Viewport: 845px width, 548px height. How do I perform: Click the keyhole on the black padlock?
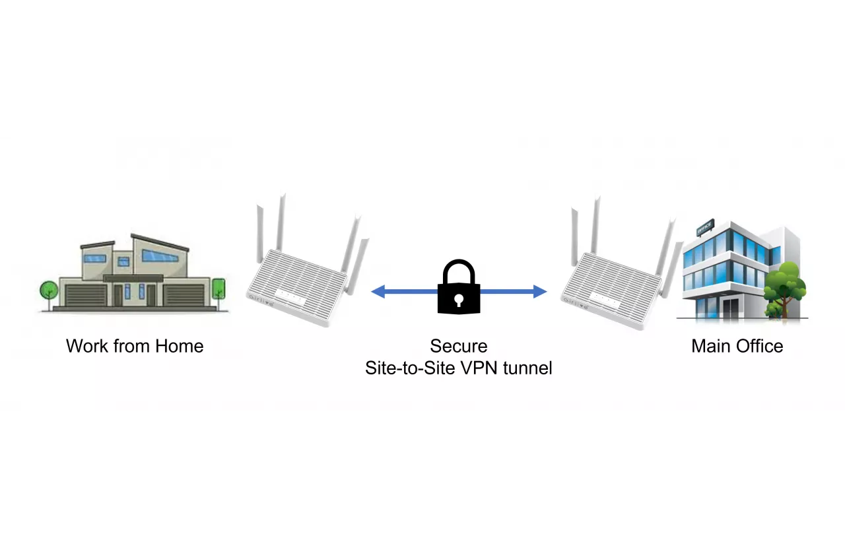(458, 299)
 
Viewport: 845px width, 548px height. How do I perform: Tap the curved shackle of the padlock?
(458, 270)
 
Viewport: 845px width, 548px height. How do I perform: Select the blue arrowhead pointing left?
(378, 291)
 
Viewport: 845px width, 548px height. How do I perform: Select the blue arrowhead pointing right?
(539, 291)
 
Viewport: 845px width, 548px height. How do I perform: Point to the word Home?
(179, 346)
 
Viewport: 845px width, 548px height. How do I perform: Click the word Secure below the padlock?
(458, 346)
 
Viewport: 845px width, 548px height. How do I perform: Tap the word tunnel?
(527, 368)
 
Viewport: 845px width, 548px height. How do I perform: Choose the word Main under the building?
(709, 346)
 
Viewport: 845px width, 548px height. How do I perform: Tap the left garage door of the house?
(85, 295)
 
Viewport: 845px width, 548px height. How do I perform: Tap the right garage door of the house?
(184, 295)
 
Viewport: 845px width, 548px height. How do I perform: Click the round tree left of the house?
(49, 291)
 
